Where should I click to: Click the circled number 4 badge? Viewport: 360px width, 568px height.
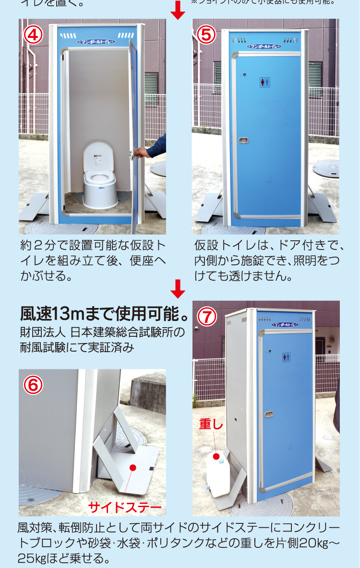[x=34, y=35]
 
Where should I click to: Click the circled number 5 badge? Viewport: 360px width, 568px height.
[x=207, y=35]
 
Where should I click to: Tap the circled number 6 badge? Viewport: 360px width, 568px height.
[x=34, y=384]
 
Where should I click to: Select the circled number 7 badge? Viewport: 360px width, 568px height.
[x=207, y=317]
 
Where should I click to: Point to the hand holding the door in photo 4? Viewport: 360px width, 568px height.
[x=142, y=152]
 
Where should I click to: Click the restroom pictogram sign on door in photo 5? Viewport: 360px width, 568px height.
[x=265, y=82]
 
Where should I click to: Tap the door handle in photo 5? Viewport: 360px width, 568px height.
[x=244, y=141]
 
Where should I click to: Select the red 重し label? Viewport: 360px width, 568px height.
[x=211, y=424]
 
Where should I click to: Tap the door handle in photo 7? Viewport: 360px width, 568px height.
[x=269, y=414]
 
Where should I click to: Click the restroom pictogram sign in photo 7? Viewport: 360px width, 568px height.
[x=286, y=357]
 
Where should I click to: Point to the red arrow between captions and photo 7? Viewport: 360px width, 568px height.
[x=178, y=289]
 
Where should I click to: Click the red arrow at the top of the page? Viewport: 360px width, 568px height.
[x=178, y=10]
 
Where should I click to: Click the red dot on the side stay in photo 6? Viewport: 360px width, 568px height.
[x=133, y=467]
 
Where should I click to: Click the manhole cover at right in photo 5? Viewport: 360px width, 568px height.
[x=326, y=168]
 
